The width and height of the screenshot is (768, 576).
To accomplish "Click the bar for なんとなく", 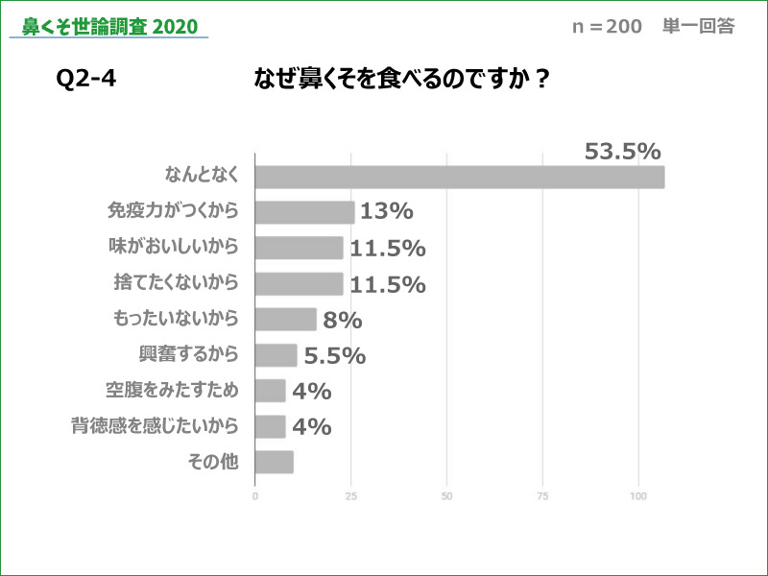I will coord(460,178).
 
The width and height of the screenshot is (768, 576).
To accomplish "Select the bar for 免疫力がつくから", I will coord(305,212).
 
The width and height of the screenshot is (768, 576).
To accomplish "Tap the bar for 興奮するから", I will coord(276,355).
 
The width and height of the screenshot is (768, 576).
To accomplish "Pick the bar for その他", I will coord(275,462).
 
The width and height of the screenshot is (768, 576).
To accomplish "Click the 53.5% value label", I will coord(622,152).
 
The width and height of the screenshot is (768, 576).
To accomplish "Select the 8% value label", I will coord(342,320).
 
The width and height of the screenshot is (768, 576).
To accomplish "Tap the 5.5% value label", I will coord(334,355).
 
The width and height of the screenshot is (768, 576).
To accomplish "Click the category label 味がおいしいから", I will coord(173,247).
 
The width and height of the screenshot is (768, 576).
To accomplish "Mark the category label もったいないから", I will coord(176,318).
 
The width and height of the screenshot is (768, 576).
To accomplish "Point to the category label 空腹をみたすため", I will coord(172,390).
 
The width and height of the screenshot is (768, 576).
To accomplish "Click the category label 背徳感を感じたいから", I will coord(155,425).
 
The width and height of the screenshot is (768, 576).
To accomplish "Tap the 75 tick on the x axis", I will coord(542,496).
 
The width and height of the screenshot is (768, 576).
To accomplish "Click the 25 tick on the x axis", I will coord(351,496).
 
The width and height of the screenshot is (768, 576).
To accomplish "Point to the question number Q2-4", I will coord(86,80).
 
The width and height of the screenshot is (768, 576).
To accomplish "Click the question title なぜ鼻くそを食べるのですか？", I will coord(401,80).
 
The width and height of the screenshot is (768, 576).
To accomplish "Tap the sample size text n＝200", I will coord(607,27).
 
